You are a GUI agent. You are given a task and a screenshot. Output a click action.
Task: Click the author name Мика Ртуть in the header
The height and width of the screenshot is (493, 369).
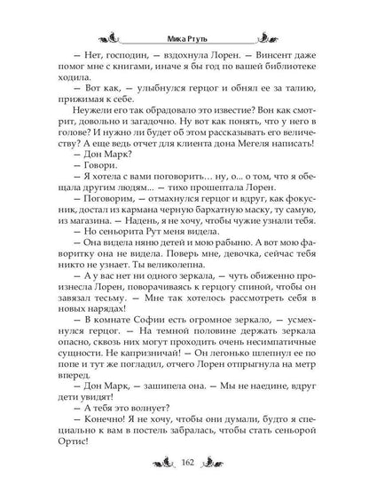(x=185, y=39)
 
